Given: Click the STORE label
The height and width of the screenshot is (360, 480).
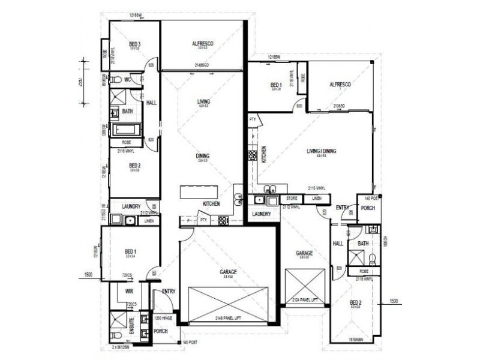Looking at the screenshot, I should [x=292, y=197].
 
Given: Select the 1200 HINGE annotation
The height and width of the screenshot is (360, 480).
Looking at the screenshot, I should [x=164, y=318].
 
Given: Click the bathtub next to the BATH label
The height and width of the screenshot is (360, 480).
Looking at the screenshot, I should [x=126, y=129].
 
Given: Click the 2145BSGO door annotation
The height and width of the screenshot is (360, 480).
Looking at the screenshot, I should [x=202, y=64].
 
